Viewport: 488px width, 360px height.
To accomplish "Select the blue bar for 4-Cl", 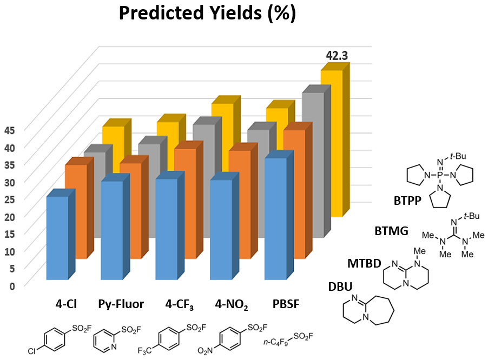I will click(57, 238).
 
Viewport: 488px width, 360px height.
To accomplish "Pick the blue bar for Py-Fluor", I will click(111, 230).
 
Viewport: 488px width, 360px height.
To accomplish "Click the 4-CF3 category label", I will click(180, 304).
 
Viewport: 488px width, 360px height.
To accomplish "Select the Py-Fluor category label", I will click(121, 304).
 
